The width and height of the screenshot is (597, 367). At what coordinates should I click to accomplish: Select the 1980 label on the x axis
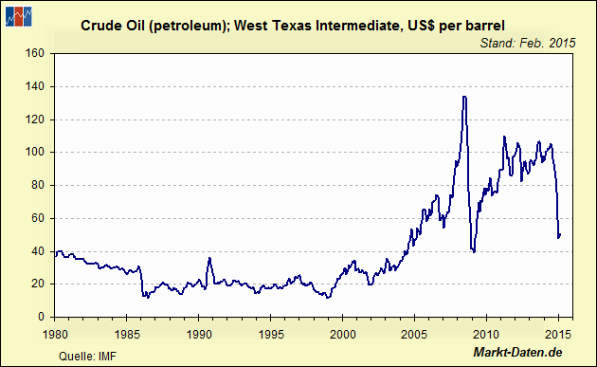[x=55, y=333]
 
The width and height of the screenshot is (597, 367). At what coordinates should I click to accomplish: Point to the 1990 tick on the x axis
[x=199, y=333]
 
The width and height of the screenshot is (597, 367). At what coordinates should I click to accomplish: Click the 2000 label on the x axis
[x=342, y=333]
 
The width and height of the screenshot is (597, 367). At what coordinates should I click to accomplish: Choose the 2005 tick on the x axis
[x=414, y=333]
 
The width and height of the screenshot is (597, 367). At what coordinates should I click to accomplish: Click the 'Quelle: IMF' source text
[x=81, y=355]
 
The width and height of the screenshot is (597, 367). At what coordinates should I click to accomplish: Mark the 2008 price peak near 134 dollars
[x=463, y=97]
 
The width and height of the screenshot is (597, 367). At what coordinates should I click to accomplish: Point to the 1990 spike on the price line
[x=209, y=258]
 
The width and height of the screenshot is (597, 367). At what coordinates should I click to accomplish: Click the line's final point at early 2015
[x=560, y=234]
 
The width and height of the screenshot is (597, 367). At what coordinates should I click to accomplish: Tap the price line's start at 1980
[x=55, y=253]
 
